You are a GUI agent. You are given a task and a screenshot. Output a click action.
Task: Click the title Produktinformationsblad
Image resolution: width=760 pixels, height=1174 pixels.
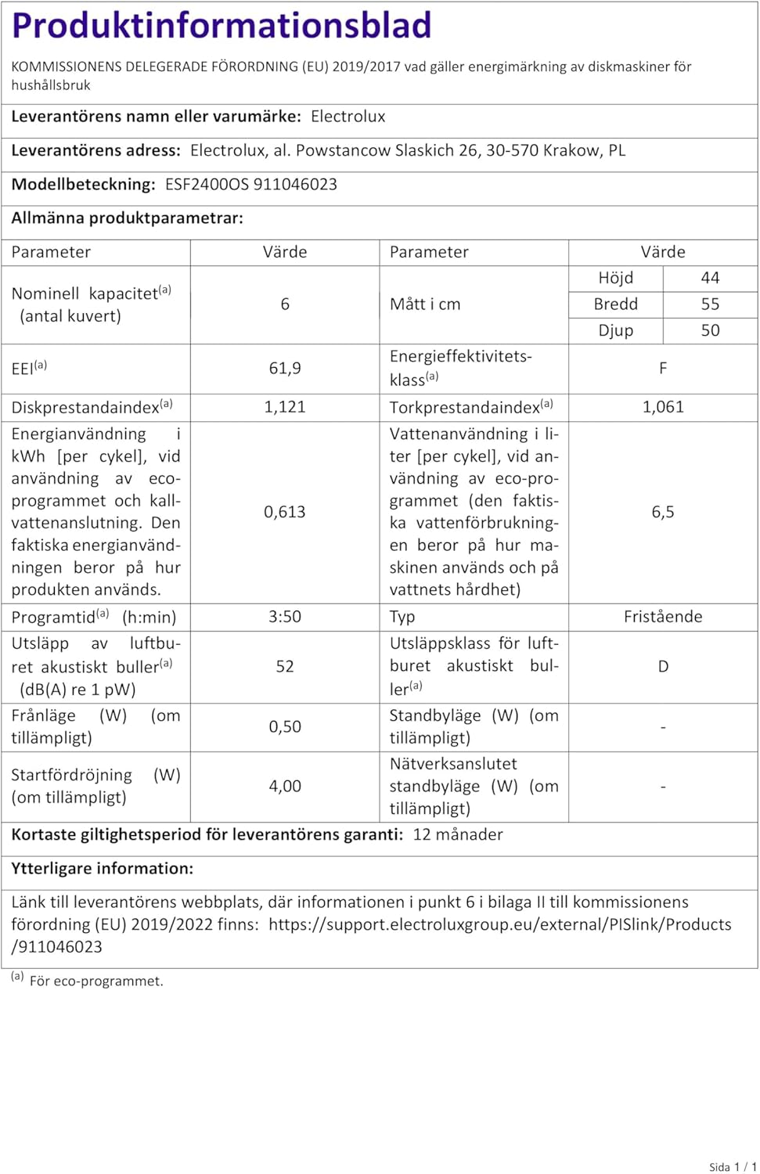point(222,26)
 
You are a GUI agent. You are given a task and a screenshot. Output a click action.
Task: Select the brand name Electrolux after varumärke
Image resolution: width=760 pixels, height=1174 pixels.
point(348,117)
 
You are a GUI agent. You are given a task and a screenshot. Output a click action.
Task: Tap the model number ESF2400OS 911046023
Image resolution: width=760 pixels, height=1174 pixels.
point(251,185)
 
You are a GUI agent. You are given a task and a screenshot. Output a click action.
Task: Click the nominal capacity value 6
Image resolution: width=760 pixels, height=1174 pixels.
point(285,304)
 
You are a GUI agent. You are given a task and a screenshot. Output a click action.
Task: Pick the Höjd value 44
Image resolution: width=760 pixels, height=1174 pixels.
point(710,279)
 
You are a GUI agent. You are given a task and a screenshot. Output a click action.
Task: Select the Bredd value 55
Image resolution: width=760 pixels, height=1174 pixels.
point(710,304)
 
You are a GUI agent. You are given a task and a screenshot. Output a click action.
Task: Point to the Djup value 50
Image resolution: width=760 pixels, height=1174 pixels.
point(710,330)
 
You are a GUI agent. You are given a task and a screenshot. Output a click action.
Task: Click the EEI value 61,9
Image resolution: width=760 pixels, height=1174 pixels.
point(285,369)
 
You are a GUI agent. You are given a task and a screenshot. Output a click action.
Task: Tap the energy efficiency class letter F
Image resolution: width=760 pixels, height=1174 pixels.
point(663,369)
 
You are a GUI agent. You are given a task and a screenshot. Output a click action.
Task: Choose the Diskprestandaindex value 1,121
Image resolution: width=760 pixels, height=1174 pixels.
point(285,407)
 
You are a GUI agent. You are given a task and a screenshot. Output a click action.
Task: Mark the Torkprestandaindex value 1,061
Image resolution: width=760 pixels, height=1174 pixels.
point(663,407)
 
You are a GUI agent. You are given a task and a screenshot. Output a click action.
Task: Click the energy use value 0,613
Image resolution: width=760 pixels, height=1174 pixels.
point(285,512)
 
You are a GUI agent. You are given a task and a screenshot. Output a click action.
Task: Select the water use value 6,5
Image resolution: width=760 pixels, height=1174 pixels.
point(663,512)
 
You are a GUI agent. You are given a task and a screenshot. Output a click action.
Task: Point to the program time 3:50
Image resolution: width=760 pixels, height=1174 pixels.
point(285,617)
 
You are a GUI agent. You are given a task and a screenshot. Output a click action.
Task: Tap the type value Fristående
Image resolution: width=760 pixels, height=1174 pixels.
point(663,617)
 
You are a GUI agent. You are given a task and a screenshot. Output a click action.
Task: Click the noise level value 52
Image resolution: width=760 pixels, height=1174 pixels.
point(285,667)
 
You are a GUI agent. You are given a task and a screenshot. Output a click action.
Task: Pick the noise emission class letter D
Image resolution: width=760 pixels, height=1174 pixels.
point(663,667)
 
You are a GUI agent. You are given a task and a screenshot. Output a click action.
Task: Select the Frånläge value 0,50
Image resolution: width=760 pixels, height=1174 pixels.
point(285,727)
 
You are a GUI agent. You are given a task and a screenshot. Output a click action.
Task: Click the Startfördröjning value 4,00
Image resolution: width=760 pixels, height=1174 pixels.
point(285,787)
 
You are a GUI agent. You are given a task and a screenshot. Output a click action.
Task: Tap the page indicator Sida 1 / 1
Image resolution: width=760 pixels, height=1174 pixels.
point(733,1167)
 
